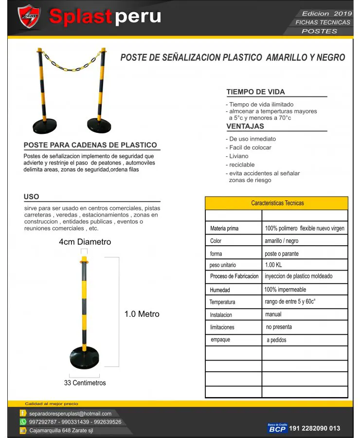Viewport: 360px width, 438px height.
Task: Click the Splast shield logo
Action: [29, 18]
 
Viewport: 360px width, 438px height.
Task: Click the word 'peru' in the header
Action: [139, 17]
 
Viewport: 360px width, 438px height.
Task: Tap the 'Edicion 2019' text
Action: [322, 14]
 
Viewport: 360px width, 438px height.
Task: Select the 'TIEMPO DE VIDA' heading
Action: [255, 92]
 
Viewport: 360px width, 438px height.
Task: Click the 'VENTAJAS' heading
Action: [245, 127]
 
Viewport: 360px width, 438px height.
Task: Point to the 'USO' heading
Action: [31, 197]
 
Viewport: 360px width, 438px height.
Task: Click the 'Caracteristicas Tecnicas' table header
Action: [277, 203]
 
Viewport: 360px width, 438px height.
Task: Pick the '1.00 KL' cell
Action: [273, 265]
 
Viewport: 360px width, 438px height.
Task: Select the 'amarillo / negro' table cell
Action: [282, 241]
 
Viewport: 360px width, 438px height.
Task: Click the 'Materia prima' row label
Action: [224, 228]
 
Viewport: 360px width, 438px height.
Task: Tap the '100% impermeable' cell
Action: [286, 290]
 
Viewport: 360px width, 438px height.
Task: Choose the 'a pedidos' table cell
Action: [276, 340]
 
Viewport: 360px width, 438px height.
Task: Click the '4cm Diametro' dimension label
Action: [85, 242]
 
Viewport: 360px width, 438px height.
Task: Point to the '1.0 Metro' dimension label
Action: [142, 314]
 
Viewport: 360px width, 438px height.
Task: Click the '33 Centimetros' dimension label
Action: [85, 383]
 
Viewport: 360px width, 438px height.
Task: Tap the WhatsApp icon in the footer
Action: [23, 422]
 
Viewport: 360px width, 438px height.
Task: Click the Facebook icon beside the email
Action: [23, 414]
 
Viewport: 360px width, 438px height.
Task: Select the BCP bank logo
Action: [277, 428]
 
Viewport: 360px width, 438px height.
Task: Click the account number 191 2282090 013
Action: [314, 429]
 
